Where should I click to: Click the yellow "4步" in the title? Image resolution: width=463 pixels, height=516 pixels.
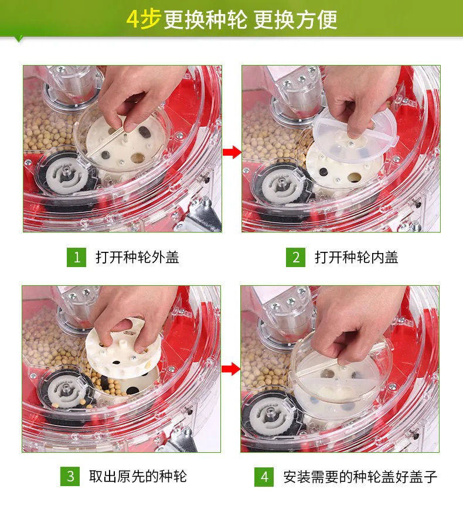tap(144, 19)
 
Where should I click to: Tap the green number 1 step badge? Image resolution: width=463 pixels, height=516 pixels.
tap(76, 257)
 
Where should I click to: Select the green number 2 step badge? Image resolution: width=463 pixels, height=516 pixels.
tap(295, 257)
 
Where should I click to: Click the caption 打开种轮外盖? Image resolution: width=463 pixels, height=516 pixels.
tap(137, 257)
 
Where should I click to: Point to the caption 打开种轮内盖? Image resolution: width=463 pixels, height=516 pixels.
tap(356, 257)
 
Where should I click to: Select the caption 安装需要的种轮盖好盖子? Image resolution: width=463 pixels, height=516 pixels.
tap(360, 477)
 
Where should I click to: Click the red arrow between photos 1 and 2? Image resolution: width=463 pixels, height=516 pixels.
tap(232, 152)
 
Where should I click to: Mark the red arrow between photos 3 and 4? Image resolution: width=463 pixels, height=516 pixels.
tap(231, 369)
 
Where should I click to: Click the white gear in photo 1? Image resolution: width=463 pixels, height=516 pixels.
tap(67, 175)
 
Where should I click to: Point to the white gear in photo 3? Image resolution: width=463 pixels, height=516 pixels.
tap(67, 391)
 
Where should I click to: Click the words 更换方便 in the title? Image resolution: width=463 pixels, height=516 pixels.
tap(295, 20)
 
